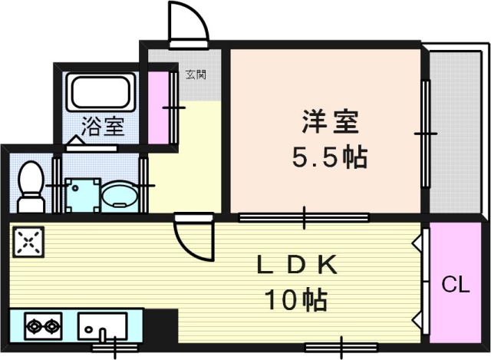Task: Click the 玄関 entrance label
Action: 196,74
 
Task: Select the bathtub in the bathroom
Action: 101,94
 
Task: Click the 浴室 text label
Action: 103,127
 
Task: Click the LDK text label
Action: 296,265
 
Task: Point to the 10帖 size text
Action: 297,299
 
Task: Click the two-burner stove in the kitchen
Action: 43,326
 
